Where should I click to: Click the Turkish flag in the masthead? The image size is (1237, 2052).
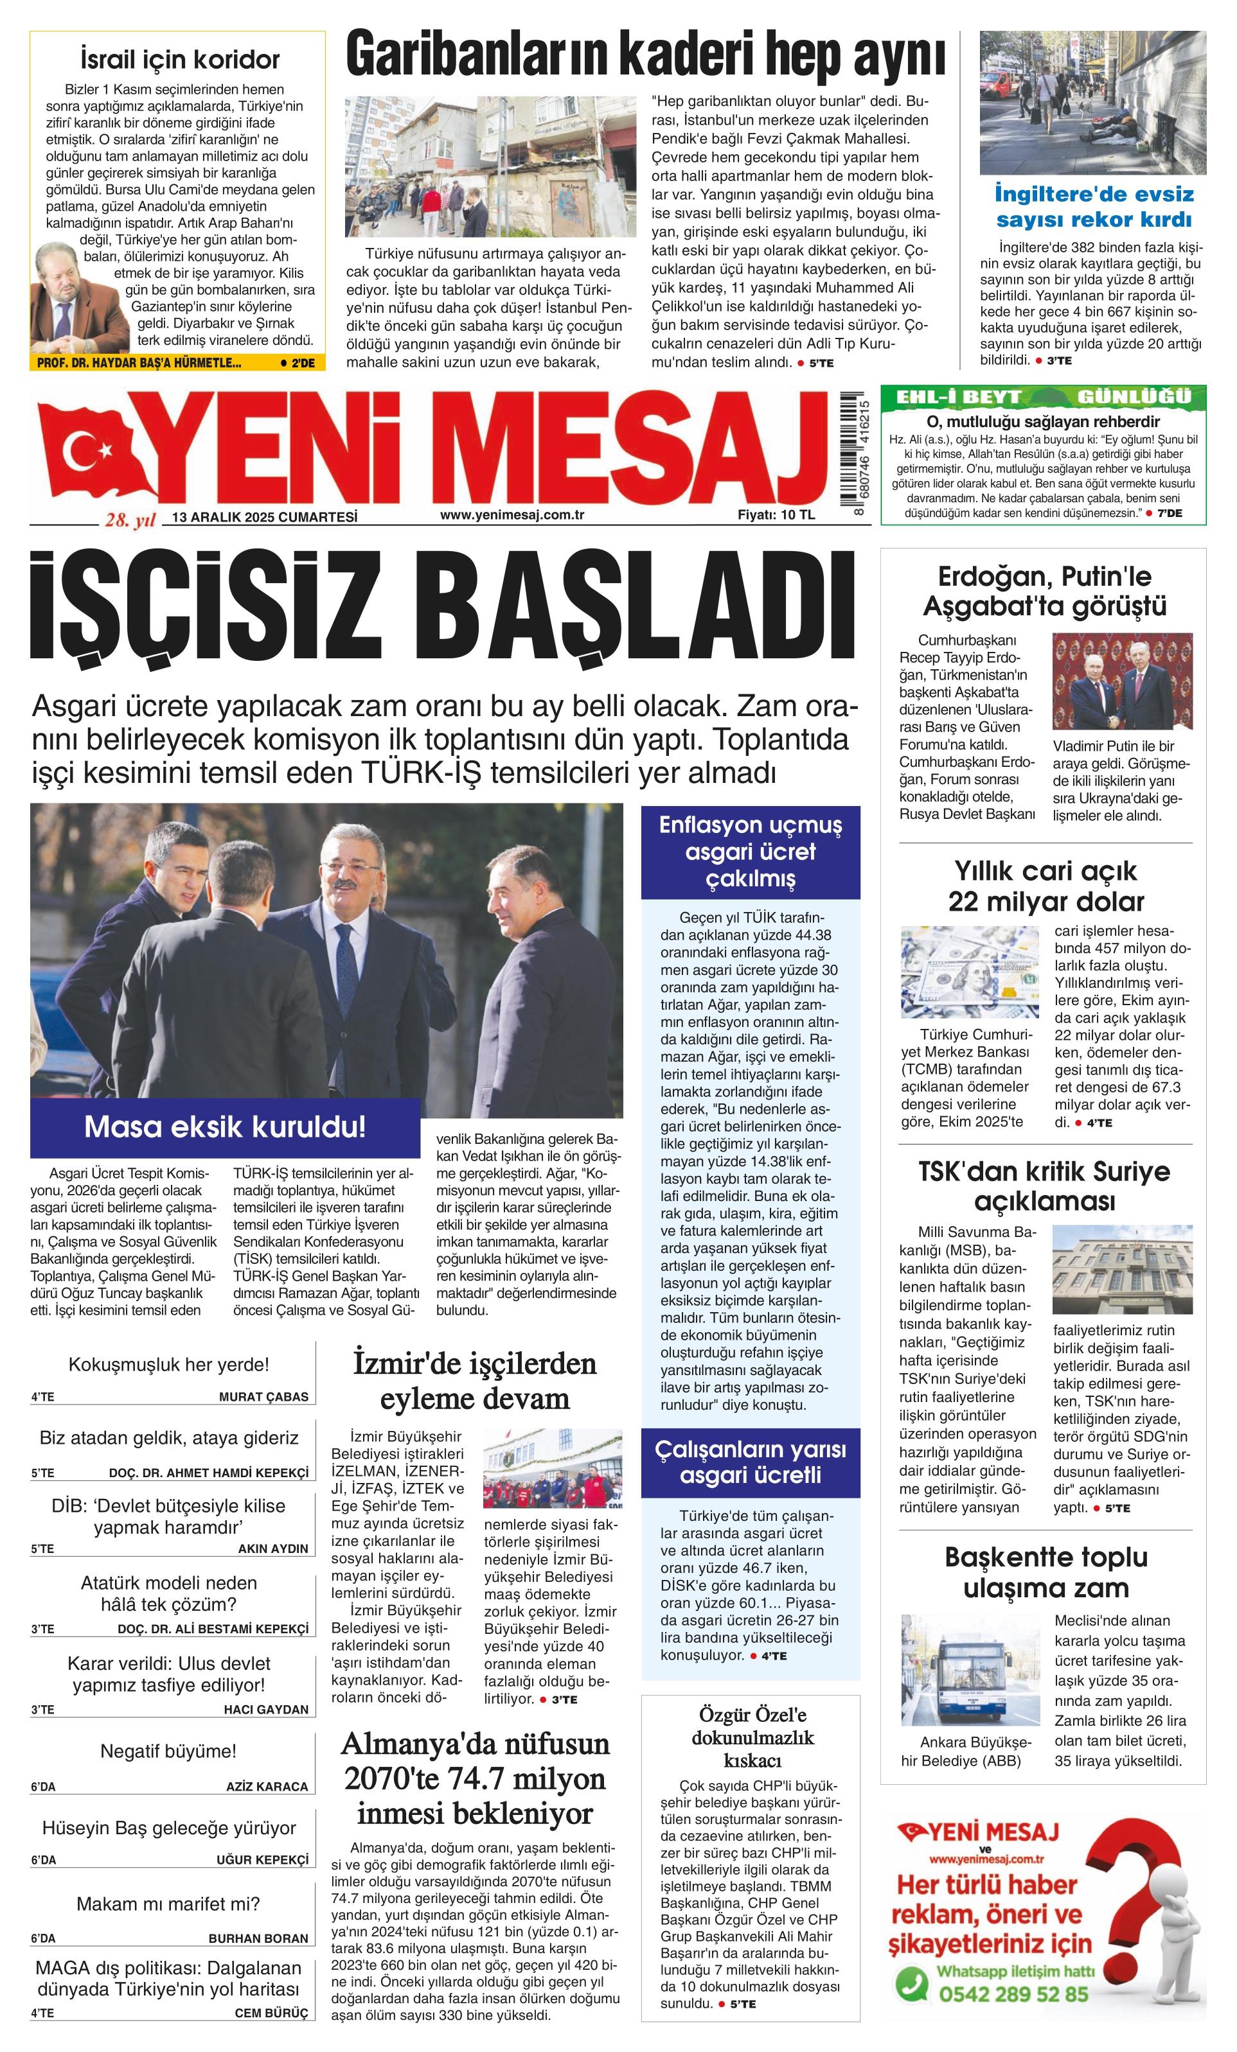(96, 450)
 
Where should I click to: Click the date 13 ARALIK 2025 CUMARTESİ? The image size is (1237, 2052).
(264, 517)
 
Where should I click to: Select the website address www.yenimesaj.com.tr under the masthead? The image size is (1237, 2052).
(512, 514)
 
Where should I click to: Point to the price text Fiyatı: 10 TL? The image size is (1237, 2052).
(776, 514)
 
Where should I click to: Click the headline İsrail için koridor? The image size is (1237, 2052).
(180, 60)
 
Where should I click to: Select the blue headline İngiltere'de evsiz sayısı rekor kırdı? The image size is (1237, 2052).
(1094, 207)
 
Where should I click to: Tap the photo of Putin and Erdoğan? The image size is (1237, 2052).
(1121, 682)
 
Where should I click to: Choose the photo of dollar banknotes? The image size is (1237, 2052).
(970, 972)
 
